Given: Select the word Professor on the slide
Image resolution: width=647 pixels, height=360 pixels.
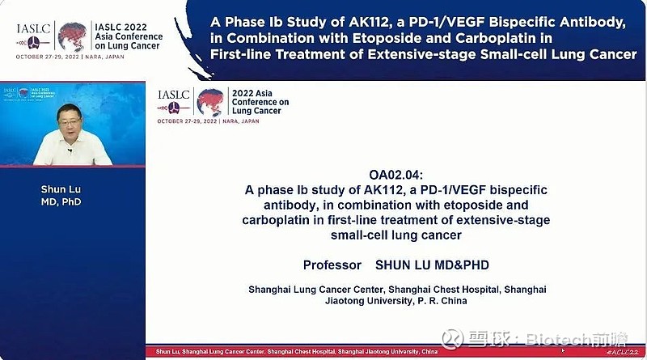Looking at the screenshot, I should [332, 265].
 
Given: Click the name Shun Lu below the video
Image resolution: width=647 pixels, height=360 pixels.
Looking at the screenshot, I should [61, 189].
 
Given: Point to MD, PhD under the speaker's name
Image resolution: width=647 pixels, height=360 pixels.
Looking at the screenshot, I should [61, 202].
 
